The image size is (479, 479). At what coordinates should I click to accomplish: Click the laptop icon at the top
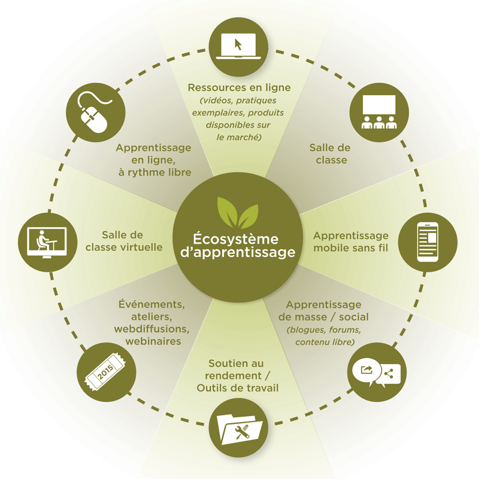point(238,44)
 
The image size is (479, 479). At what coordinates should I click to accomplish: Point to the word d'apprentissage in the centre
point(238,253)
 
